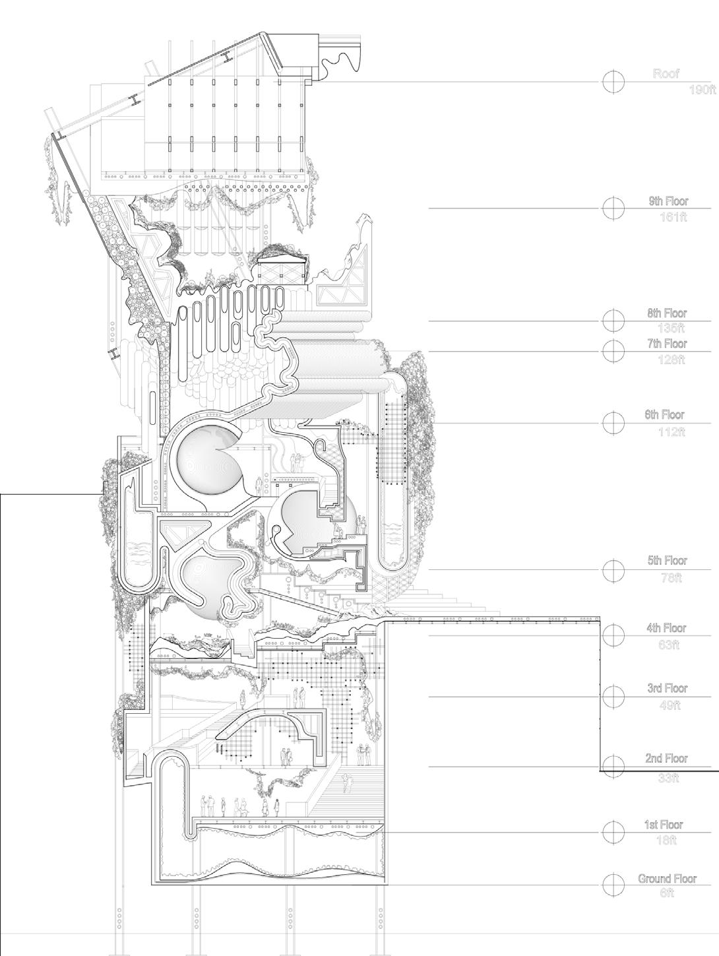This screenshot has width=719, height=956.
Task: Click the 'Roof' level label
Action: point(666,74)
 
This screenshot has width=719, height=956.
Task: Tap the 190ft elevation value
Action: point(703,90)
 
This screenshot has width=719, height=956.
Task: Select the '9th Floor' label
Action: point(668,201)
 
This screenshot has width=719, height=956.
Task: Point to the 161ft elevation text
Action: point(673,216)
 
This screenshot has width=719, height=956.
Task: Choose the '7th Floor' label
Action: point(667,344)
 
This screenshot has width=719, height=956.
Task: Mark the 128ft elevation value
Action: point(672,360)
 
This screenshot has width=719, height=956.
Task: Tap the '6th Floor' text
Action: point(665,415)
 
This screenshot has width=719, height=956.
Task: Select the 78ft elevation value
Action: point(672,578)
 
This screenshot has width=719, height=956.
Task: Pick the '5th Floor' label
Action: point(667,561)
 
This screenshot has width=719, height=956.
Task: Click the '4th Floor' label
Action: point(667,629)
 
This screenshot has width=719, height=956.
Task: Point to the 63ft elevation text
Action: point(669,645)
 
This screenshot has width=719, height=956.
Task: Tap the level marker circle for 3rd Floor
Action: point(613,695)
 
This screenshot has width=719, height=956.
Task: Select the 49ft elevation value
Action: point(669,705)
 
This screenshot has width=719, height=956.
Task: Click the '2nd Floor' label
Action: point(667,759)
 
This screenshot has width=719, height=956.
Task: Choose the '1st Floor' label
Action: point(664,825)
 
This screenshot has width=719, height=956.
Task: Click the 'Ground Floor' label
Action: point(667,879)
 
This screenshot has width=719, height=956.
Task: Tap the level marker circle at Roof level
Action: point(613,81)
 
